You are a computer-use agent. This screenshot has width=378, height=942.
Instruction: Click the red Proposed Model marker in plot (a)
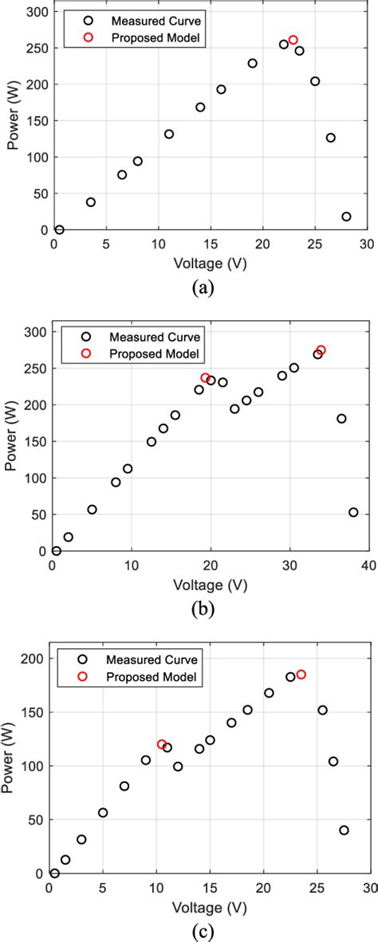point(293,40)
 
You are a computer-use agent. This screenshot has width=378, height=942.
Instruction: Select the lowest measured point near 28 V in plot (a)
point(346,217)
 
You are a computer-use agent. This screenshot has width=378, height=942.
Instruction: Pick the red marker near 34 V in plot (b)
point(321,350)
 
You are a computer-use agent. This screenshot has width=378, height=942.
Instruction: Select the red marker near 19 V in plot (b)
point(205,378)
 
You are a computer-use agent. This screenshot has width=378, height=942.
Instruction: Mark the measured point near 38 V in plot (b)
point(353,513)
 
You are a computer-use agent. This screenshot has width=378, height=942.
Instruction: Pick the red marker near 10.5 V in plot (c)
point(162,745)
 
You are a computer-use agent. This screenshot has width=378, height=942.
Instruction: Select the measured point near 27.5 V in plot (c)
point(344,830)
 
